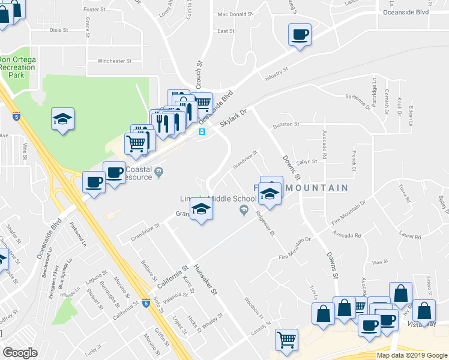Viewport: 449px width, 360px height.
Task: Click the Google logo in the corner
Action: click(20, 353)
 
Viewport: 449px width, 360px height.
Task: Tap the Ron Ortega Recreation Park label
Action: click(17, 68)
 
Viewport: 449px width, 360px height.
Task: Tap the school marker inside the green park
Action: click(62, 119)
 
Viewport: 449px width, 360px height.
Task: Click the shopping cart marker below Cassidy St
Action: click(286, 339)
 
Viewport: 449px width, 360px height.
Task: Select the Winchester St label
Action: click(114, 61)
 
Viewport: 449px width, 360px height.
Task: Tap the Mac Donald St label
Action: click(232, 14)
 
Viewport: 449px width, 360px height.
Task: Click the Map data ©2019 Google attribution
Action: click(411, 355)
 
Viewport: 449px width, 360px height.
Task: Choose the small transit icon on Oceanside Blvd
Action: click(202, 131)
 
